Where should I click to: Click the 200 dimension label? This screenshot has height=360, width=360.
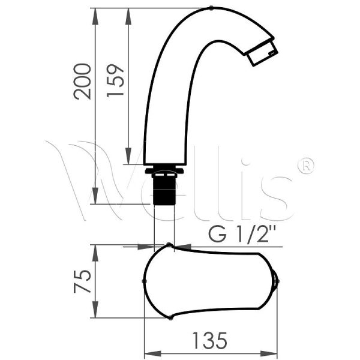(82, 82)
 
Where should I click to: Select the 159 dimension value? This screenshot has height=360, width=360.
(115, 80)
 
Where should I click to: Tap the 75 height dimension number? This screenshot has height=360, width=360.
(82, 281)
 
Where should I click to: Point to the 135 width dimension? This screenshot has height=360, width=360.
(210, 340)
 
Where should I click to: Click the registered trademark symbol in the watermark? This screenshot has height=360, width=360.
(306, 166)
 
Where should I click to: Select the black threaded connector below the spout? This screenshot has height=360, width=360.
(164, 189)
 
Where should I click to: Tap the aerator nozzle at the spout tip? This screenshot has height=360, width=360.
(263, 53)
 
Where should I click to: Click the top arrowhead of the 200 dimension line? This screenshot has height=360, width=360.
(95, 16)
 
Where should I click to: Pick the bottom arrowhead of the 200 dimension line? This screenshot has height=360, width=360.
(95, 196)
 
